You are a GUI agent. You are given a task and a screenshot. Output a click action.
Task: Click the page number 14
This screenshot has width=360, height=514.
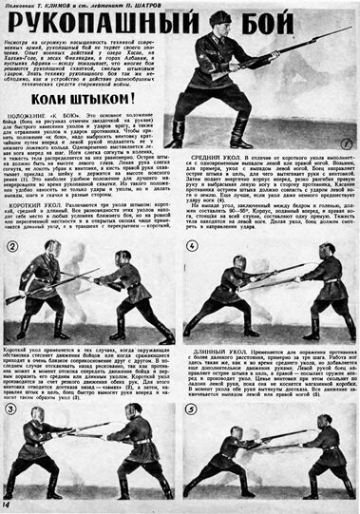click(x=9, y=504)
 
